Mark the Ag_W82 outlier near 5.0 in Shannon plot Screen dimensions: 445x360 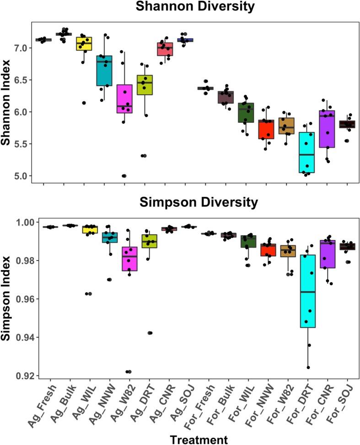(x=124, y=176)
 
